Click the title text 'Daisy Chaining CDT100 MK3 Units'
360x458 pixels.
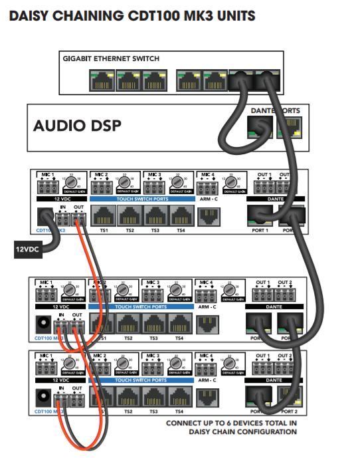(132, 15)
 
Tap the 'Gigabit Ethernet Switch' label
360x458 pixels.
(111, 58)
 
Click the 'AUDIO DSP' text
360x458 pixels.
(77, 126)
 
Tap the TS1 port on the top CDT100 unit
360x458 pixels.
(103, 215)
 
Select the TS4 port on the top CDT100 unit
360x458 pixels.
(180, 215)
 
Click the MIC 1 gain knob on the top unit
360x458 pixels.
(71, 183)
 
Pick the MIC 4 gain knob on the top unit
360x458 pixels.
(230, 183)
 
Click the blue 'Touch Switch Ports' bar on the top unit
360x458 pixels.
(139, 199)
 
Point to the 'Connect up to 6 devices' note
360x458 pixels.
(231, 427)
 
